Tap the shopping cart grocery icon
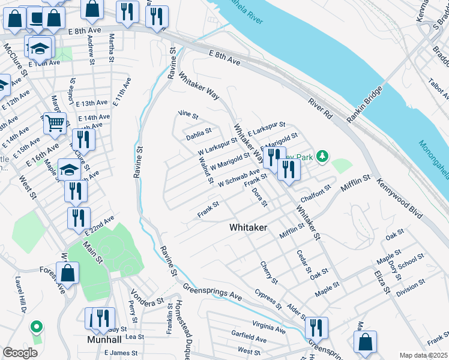[x=55, y=123]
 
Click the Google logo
[x=20, y=352]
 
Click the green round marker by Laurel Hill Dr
[x=37, y=327]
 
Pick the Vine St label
[x=188, y=113]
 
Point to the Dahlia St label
[x=198, y=131]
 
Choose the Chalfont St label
[x=316, y=190]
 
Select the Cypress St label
[x=267, y=298]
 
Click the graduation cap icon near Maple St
[x=69, y=170]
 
